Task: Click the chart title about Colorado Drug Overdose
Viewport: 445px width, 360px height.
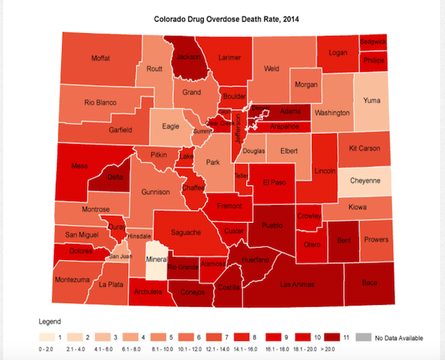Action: [227, 19]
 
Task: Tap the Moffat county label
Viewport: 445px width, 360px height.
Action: [101, 58]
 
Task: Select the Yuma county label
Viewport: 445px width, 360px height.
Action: [371, 101]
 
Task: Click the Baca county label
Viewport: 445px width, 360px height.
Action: [370, 281]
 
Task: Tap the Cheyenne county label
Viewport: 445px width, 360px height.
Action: [365, 181]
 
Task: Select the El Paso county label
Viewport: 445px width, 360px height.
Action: [274, 182]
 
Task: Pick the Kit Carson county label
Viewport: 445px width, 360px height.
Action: [364, 148]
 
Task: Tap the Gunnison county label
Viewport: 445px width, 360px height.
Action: [156, 192]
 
